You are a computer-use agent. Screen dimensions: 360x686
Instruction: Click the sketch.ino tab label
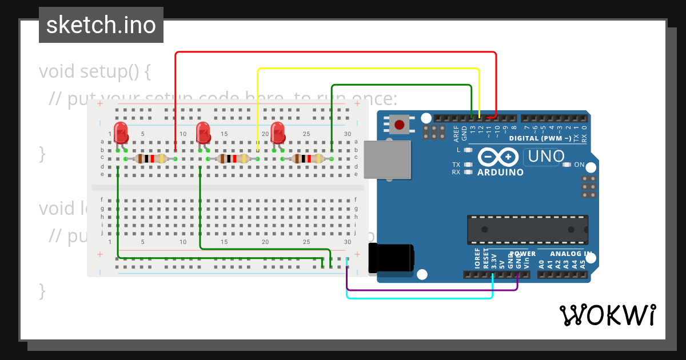tap(101, 25)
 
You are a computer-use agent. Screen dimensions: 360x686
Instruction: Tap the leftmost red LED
tap(121, 133)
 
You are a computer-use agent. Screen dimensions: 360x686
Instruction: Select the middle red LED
tap(203, 133)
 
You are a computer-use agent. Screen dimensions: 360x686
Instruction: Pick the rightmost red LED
tap(278, 133)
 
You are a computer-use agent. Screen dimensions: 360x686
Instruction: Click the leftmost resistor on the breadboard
tap(150, 158)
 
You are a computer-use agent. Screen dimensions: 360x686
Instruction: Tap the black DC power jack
tap(392, 258)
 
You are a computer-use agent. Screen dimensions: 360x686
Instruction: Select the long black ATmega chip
tap(527, 230)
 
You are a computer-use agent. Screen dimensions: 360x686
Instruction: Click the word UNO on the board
tap(547, 156)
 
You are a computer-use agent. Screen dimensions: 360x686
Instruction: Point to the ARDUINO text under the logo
tap(500, 172)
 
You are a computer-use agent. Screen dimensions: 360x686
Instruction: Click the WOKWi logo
tap(607, 315)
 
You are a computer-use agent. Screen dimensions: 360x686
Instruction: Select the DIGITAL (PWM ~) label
tap(540, 138)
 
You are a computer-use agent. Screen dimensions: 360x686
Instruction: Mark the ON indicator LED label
tap(579, 165)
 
